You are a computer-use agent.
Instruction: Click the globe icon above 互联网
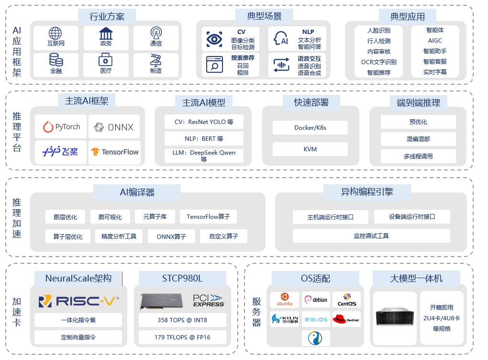tap(55, 34)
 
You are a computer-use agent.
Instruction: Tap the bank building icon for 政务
tap(106, 34)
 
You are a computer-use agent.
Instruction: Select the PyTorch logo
tap(61, 127)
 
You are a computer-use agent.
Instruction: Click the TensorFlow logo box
tap(115, 152)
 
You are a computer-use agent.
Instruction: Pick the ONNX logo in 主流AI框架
tap(114, 127)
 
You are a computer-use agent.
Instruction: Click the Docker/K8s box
tap(311, 128)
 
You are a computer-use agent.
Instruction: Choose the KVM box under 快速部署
tap(311, 149)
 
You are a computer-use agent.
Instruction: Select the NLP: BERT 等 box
tap(204, 139)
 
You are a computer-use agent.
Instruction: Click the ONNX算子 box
tap(171, 236)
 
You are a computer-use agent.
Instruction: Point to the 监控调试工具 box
tap(371, 236)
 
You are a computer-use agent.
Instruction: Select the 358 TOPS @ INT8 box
tap(182, 320)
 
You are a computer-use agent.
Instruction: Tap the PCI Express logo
tap(208, 301)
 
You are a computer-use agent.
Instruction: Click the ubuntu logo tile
tap(285, 300)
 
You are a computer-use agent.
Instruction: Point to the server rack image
tap(394, 317)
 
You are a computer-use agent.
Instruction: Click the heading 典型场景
tap(264, 16)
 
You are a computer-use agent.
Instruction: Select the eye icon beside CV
tap(214, 39)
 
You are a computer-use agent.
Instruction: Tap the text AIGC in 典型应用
tap(435, 41)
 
